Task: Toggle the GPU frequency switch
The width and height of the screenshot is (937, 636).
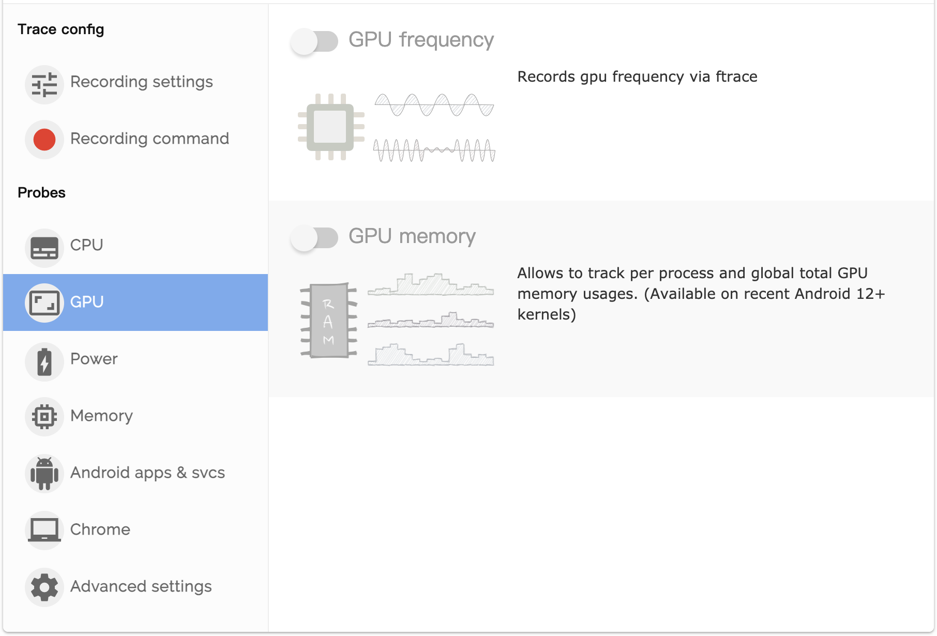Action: (x=314, y=41)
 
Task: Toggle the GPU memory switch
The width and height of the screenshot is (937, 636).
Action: (x=314, y=238)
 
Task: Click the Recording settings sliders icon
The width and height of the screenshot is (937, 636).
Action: (x=44, y=84)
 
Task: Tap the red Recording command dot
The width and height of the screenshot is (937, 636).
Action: (x=44, y=140)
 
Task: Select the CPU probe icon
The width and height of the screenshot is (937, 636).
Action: (x=44, y=248)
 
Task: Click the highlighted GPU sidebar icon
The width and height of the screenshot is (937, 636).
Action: (x=44, y=303)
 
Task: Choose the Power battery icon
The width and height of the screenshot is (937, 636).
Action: (x=44, y=361)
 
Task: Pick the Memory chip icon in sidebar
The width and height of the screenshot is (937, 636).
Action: (x=44, y=416)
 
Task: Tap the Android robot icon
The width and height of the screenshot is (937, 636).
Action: (x=44, y=473)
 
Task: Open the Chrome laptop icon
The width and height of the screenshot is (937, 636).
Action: (x=44, y=530)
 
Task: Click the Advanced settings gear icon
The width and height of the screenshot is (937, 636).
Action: (x=44, y=587)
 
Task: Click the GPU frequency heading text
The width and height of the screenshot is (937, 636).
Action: (x=421, y=40)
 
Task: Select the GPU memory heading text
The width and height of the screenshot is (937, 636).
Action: (x=412, y=236)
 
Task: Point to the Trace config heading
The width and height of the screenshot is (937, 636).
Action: (x=61, y=29)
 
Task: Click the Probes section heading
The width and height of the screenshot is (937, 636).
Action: (x=41, y=193)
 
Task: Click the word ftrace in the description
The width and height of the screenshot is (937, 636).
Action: (x=736, y=77)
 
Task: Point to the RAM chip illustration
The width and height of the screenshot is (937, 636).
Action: (x=329, y=321)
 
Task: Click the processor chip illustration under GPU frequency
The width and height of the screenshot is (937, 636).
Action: (x=330, y=127)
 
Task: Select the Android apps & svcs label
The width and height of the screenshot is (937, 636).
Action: (x=147, y=473)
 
